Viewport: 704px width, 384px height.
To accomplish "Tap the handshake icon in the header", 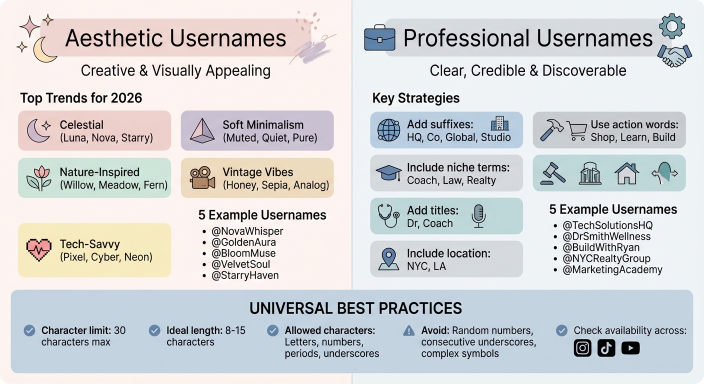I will [674, 55].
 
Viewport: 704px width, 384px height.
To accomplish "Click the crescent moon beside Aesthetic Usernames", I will [44, 50].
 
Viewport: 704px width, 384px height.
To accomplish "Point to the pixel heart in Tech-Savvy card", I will [38, 249].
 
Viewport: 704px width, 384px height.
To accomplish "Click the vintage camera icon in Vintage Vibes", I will [202, 177].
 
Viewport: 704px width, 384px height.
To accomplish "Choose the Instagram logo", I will [582, 348].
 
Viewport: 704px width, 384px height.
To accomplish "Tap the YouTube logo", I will [630, 348].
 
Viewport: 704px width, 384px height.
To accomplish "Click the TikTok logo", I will [606, 348].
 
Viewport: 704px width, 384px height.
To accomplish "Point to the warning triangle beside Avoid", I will [409, 330].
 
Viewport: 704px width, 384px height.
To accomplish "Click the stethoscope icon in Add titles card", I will [388, 216].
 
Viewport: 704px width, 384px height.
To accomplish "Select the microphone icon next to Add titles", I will [478, 216].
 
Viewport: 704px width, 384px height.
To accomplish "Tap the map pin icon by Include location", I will [388, 259].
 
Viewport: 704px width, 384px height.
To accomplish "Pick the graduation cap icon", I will [388, 173].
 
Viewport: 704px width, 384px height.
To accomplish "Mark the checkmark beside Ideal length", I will [154, 330].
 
